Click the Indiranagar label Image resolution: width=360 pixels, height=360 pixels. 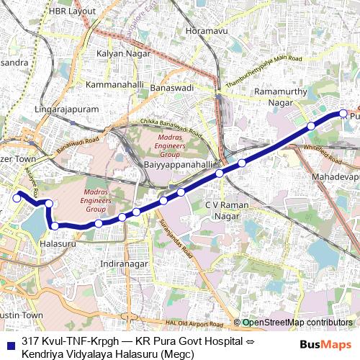pyautogui.click(x=125, y=264)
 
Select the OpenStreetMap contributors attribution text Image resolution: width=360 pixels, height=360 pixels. pyautogui.click(x=297, y=323)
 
